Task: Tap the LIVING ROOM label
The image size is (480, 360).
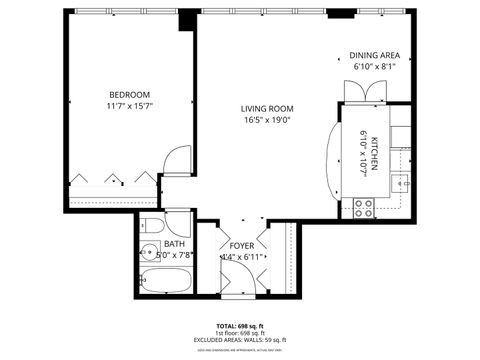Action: pos(267,109)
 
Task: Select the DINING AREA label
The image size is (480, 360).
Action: pos(375,55)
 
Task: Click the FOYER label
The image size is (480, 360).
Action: pos(242,245)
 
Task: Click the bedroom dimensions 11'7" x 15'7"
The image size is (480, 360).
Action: pos(130,105)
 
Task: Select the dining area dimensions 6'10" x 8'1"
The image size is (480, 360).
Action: pos(375,67)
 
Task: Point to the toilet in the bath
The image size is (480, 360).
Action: pos(147,225)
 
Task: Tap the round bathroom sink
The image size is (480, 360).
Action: pos(148,252)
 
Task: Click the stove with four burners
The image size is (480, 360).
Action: pos(365,208)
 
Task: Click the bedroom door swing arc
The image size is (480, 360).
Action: pos(177,160)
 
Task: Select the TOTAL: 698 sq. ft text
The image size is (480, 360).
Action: pos(240,326)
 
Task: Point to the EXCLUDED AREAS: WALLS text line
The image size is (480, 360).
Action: pos(240,341)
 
